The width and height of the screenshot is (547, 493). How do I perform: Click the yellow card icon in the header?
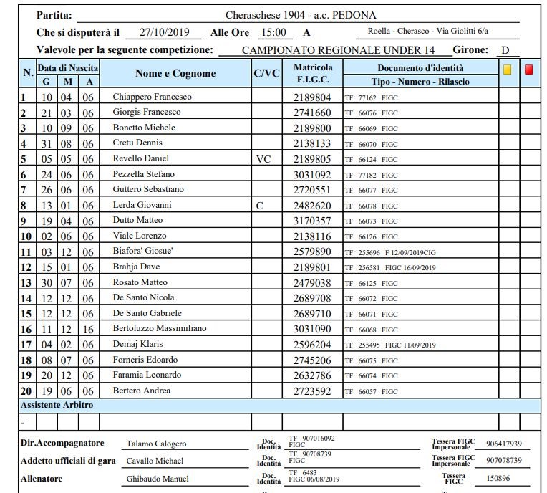point(508,70)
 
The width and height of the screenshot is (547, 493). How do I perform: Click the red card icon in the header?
point(529,70)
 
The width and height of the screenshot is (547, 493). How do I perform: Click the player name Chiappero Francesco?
point(152,97)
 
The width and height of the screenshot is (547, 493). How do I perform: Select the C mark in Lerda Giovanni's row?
point(260,206)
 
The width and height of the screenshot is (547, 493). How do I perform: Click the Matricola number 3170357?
point(312,221)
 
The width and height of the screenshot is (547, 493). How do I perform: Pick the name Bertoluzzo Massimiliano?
point(160,328)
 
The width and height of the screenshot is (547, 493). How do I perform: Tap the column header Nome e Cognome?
point(175,73)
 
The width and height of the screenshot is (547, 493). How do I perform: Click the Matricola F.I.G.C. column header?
point(312,73)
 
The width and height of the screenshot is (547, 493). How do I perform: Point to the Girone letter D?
point(505,50)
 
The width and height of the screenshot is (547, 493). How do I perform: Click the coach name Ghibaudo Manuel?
point(158,479)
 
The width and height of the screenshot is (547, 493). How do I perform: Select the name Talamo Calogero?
point(156,444)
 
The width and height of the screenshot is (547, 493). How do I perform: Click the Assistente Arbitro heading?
point(57,405)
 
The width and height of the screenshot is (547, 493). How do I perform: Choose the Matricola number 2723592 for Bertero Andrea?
point(312,391)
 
